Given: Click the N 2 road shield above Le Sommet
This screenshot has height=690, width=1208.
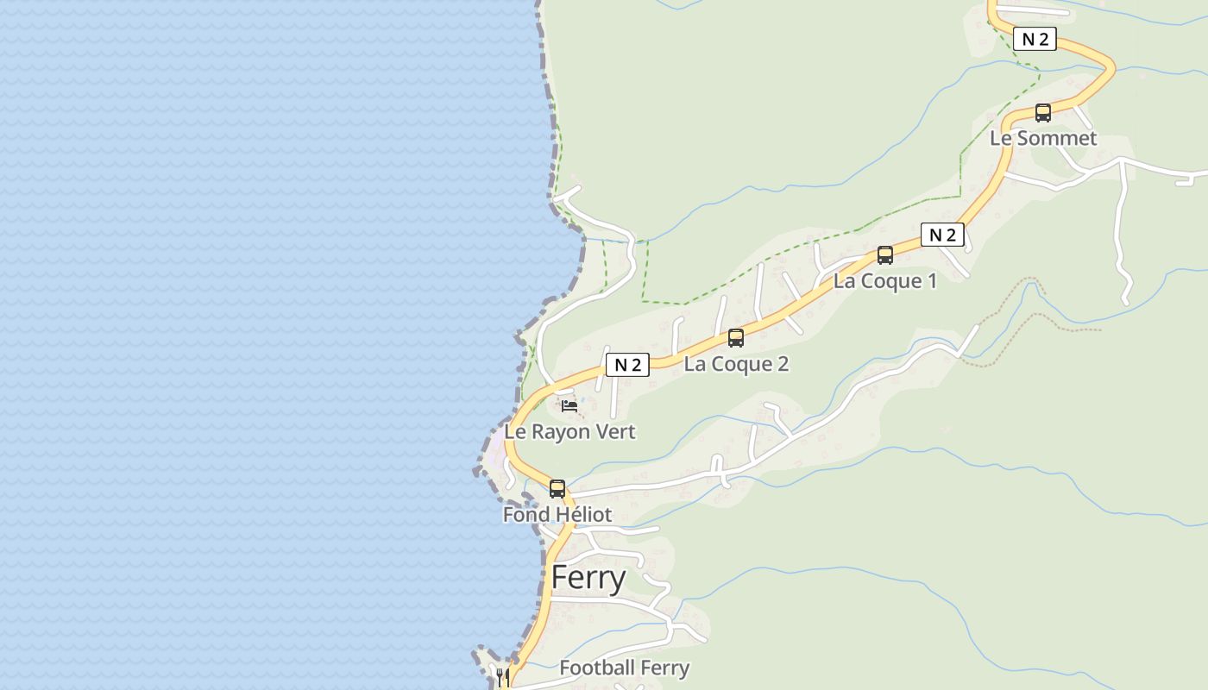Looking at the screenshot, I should pyautogui.click(x=1035, y=39).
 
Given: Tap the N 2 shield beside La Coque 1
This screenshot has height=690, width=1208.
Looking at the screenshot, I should pyautogui.click(x=941, y=235).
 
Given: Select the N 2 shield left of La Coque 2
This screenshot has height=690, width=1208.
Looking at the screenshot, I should pyautogui.click(x=627, y=365).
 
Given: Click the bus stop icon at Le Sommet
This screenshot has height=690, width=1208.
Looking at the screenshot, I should pyautogui.click(x=1042, y=112).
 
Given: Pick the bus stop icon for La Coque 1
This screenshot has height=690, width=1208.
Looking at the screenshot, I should pyautogui.click(x=884, y=255).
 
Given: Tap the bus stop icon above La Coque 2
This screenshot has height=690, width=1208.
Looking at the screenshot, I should pyautogui.click(x=735, y=338).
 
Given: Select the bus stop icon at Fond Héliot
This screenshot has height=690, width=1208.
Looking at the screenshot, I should pyautogui.click(x=557, y=489).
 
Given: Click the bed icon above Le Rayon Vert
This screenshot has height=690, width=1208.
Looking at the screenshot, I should pyautogui.click(x=569, y=405).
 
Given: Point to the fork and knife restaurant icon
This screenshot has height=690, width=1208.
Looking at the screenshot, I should pyautogui.click(x=503, y=676).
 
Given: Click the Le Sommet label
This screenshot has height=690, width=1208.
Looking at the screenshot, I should pyautogui.click(x=1042, y=138).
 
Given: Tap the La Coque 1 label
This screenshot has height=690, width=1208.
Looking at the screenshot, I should pyautogui.click(x=884, y=281).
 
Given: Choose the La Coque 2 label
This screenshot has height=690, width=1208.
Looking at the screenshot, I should pyautogui.click(x=736, y=364).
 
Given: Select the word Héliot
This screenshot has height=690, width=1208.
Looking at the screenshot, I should pyautogui.click(x=582, y=515).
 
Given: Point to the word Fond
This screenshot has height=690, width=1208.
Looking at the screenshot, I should pyautogui.click(x=526, y=515).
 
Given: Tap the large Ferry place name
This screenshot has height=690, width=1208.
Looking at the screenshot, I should pyautogui.click(x=588, y=578).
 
